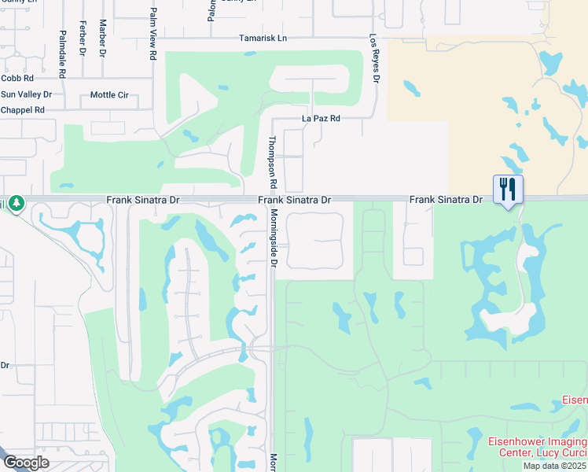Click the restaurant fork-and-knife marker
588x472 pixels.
(x=507, y=190)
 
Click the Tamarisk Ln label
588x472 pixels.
(x=263, y=38)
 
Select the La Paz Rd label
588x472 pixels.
(x=321, y=119)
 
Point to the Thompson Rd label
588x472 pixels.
(x=273, y=162)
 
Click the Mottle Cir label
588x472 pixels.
(x=109, y=94)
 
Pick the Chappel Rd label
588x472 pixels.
(x=22, y=110)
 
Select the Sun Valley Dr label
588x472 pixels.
(x=26, y=94)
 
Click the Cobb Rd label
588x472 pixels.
(x=17, y=79)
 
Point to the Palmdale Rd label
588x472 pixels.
(x=62, y=53)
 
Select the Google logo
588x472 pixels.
(x=26, y=463)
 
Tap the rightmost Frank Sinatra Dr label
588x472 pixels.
(x=446, y=201)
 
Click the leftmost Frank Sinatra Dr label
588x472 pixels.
(x=143, y=201)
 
